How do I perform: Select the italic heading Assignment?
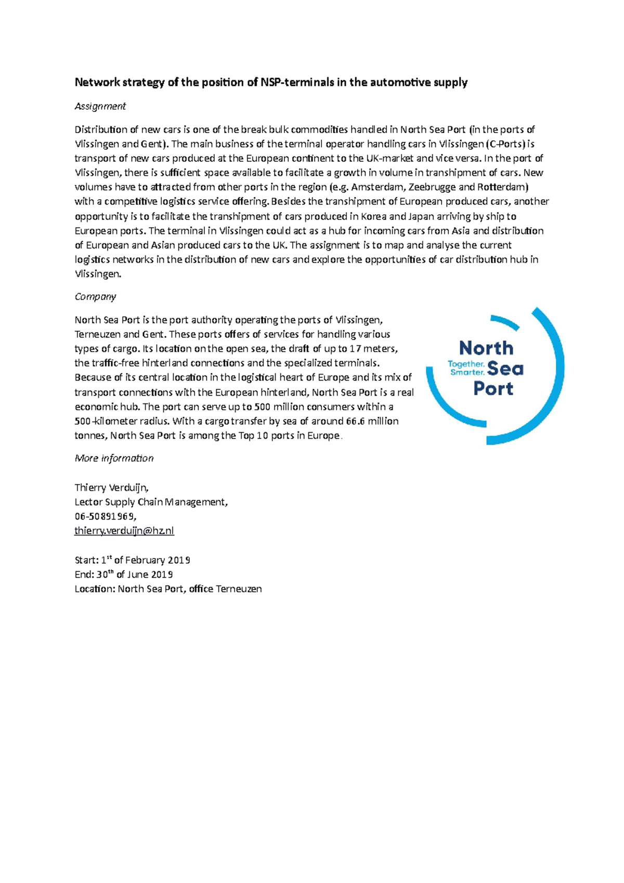(100, 106)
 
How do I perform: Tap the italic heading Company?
(95, 296)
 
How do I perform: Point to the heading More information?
(114, 458)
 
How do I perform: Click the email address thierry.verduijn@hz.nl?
(124, 530)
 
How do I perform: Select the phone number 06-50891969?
(105, 516)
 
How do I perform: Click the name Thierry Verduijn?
(111, 487)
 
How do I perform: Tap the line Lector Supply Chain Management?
(151, 502)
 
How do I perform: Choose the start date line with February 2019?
(133, 560)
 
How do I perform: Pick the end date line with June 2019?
(124, 575)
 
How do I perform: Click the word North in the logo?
(486, 347)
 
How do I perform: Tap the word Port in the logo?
(493, 388)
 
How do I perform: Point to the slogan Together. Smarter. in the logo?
(466, 368)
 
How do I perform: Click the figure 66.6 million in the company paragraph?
(369, 421)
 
